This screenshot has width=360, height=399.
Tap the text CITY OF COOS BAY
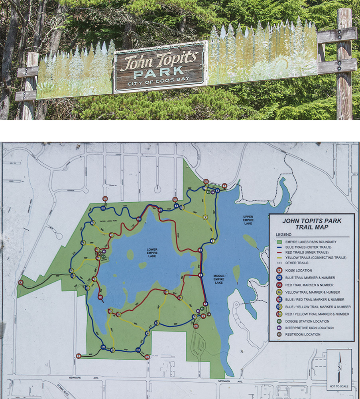coord(159,84)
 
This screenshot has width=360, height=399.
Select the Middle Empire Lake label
coord(219,279)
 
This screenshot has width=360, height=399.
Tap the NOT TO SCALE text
coord(339,386)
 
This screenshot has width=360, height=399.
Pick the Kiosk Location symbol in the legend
coord(279,270)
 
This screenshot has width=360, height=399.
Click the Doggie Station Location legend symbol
coord(279,321)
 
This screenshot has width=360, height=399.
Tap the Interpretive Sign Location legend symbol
coord(279,328)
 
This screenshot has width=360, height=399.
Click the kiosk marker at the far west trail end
coord(21,282)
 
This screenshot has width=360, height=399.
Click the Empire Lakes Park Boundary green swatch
coord(279,242)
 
